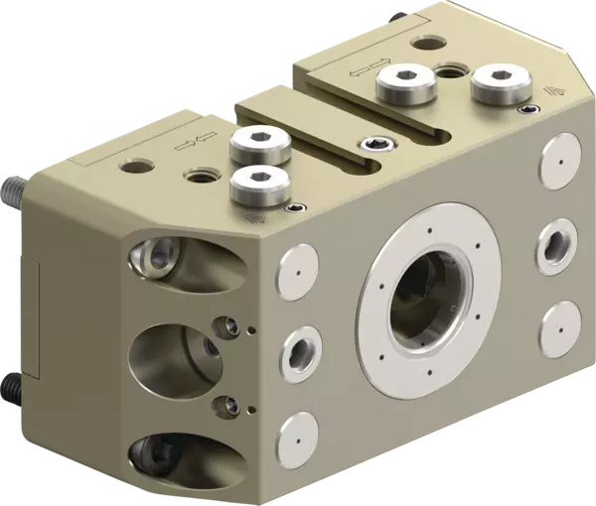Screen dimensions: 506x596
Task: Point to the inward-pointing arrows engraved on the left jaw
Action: (189, 142)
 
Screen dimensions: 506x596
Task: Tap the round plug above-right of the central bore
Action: (557, 158)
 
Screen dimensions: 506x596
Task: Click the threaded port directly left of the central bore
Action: (297, 349)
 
